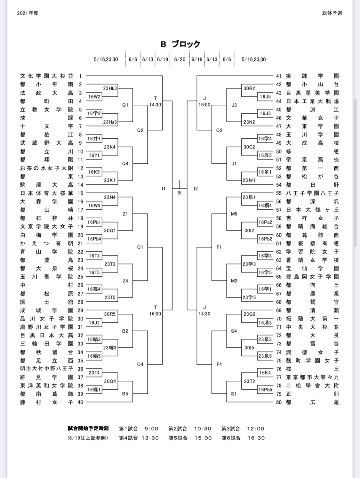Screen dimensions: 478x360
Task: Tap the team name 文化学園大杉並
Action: click(47, 76)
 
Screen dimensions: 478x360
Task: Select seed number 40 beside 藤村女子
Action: click(80, 402)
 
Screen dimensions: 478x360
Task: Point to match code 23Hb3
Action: click(110, 88)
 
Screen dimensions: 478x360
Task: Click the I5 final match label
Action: click(179, 193)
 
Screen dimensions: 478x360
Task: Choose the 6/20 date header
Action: click(180, 60)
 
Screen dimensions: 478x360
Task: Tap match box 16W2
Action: click(94, 97)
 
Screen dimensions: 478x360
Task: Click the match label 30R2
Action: click(249, 88)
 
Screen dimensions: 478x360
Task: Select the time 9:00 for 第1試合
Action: click(151, 429)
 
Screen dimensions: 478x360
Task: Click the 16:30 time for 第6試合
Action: click(256, 438)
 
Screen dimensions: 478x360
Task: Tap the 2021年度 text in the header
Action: click(28, 13)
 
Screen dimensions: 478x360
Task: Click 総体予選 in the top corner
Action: click(332, 13)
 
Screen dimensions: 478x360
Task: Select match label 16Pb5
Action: click(265, 390)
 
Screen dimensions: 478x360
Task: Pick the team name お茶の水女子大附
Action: click(47, 168)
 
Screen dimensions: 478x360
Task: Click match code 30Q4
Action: click(110, 381)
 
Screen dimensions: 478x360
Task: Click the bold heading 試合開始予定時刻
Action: click(88, 428)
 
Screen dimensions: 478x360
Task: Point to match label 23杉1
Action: click(249, 180)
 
